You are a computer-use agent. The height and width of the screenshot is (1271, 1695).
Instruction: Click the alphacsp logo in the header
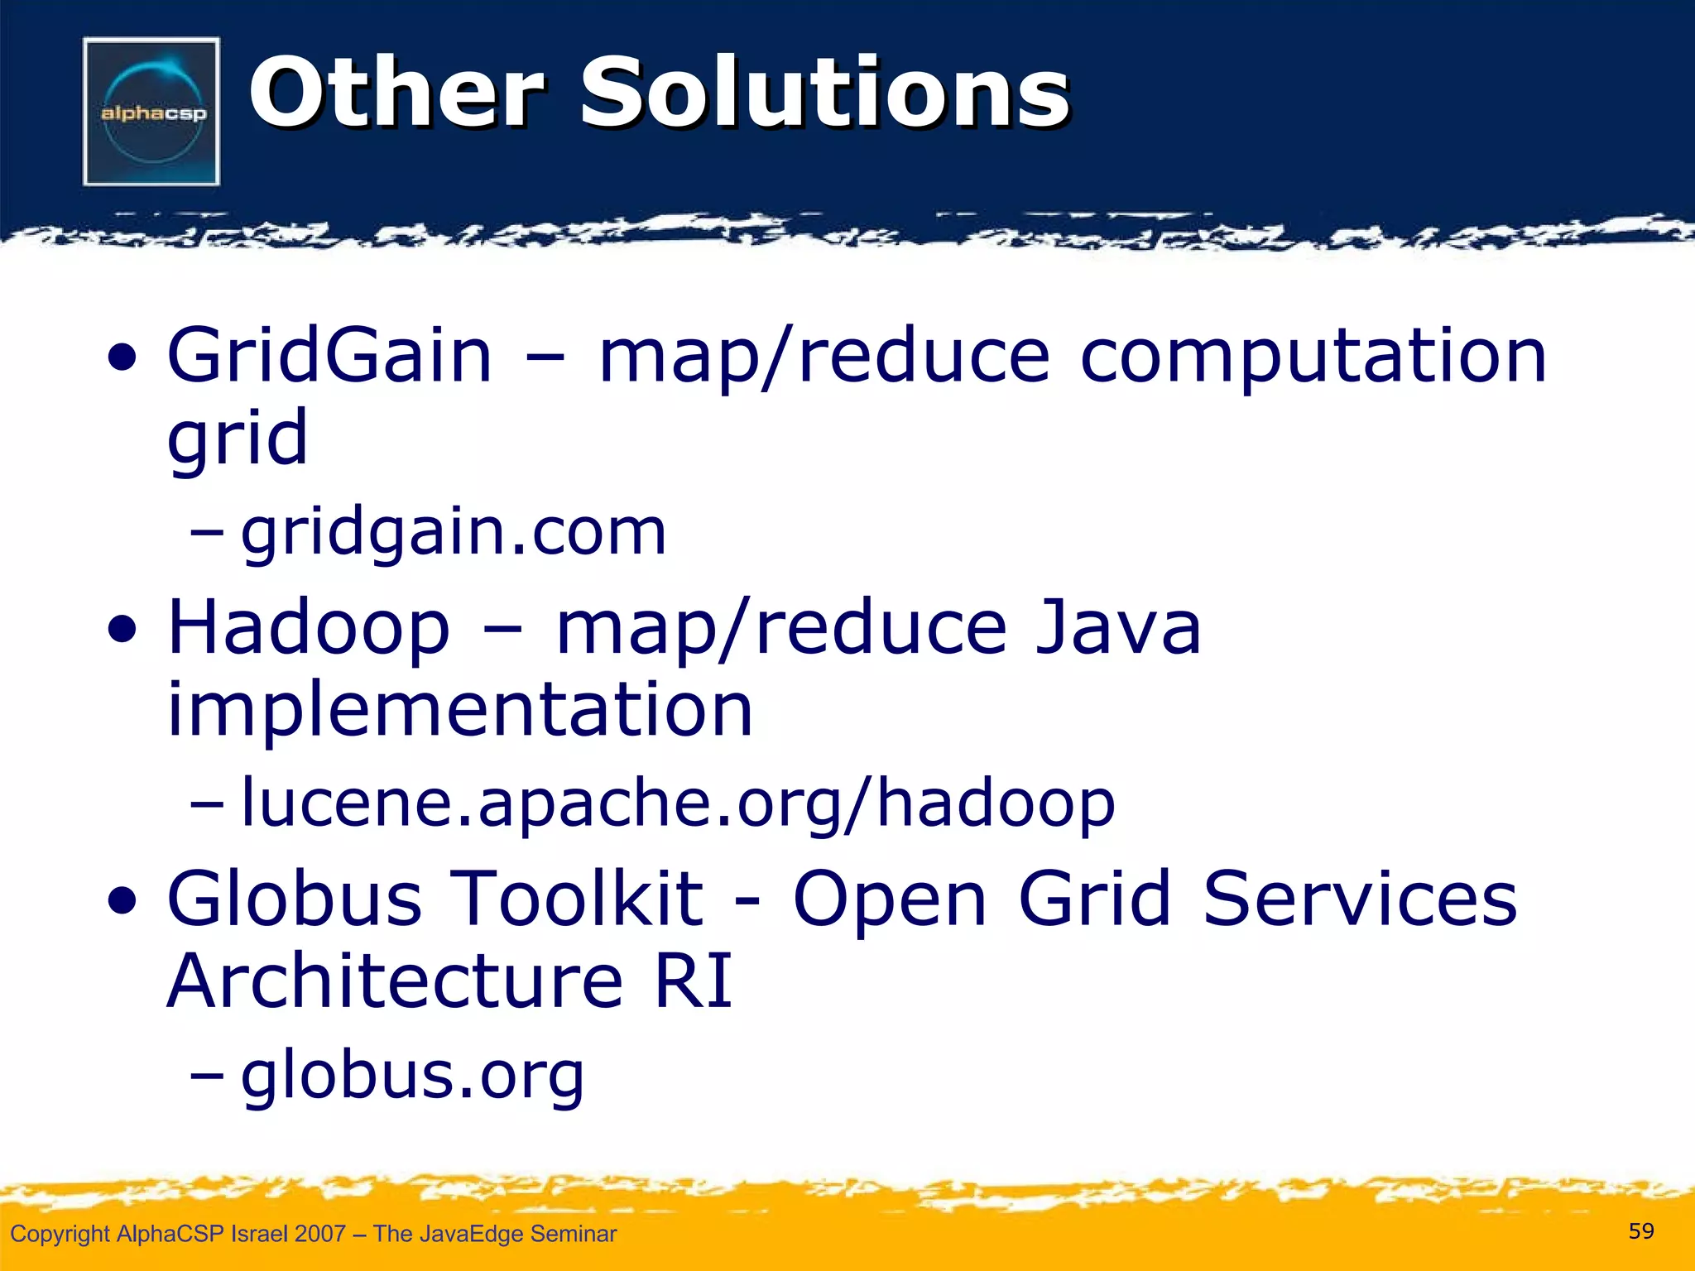coord(151,112)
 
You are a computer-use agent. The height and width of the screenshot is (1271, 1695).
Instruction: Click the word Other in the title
coord(396,93)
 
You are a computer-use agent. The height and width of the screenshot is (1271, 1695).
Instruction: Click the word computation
coord(1313,357)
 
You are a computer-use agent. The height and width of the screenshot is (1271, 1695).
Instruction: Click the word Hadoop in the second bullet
coord(309,629)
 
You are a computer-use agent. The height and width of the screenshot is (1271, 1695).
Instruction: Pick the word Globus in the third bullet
coord(294,899)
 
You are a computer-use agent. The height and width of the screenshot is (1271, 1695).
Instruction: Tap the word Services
coord(1359,899)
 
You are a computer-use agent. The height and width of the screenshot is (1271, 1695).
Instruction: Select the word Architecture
coord(395,981)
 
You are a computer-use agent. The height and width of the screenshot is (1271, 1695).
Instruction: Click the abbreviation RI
coord(694,981)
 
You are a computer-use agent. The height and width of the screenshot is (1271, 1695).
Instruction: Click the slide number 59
coord(1641,1231)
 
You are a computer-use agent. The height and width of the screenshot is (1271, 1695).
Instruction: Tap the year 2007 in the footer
coord(319,1234)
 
